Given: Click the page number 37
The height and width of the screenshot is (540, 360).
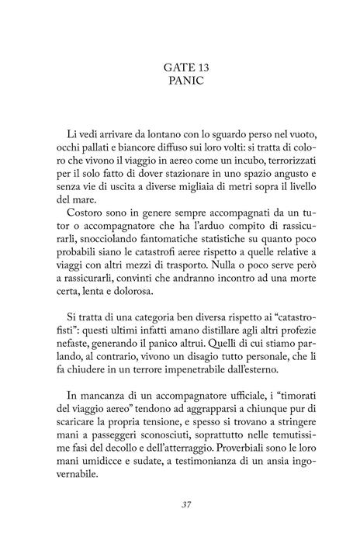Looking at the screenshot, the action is pyautogui.click(x=180, y=505).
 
